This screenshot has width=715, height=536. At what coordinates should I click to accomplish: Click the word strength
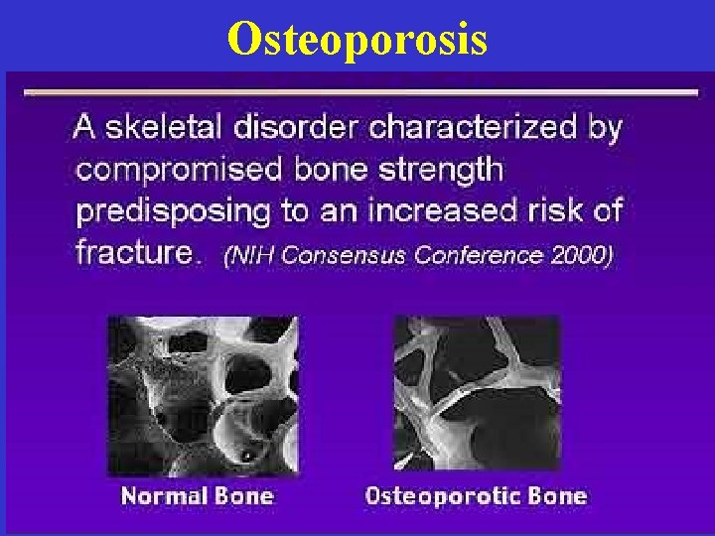coord(439,170)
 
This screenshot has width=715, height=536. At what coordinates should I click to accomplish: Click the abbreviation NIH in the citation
coord(252,255)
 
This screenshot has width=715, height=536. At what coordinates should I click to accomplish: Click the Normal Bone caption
coord(197,495)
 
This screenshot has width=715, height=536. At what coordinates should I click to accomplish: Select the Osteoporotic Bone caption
coord(476,495)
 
